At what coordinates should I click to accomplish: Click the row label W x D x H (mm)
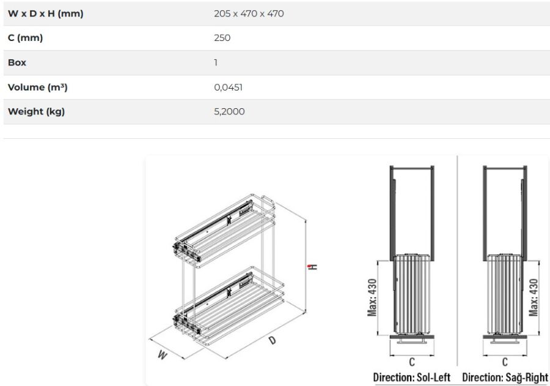click(x=46, y=13)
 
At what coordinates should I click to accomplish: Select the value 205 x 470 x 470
click(x=249, y=13)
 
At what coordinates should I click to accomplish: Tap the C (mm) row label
click(x=25, y=38)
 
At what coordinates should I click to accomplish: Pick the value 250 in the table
click(x=222, y=38)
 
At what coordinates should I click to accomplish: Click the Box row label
click(x=17, y=62)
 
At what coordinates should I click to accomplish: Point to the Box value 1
click(x=216, y=62)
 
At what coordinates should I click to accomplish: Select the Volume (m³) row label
click(x=37, y=87)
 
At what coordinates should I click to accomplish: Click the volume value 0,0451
click(x=228, y=87)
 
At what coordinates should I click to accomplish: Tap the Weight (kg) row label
click(x=36, y=112)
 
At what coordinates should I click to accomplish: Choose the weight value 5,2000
click(x=229, y=112)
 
